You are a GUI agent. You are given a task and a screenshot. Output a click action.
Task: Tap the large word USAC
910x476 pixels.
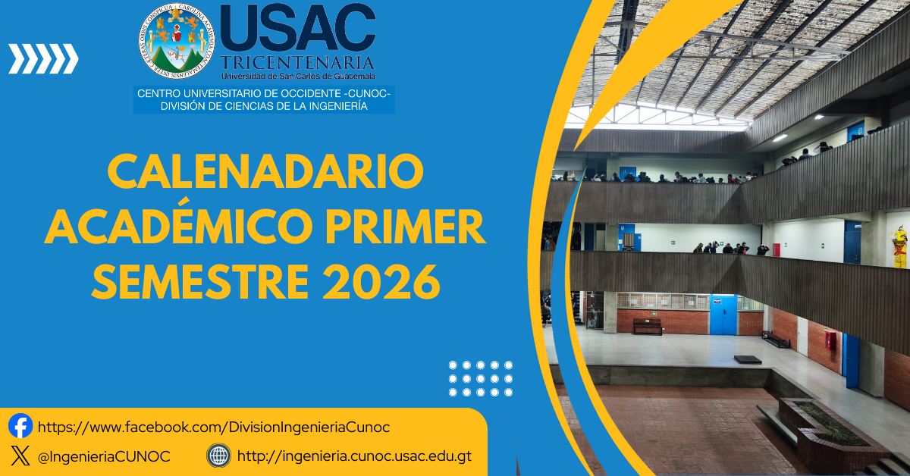click(x=297, y=29)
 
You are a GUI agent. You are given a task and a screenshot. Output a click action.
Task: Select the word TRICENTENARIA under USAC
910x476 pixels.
click(x=297, y=62)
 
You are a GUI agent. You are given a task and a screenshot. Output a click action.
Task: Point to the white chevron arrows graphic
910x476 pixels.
click(x=43, y=59)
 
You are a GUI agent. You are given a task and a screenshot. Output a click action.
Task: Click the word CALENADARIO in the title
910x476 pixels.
click(x=265, y=172)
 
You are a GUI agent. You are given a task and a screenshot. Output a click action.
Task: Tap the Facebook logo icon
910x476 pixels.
click(x=20, y=426)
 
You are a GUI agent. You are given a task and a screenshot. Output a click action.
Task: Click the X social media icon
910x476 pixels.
click(x=20, y=456)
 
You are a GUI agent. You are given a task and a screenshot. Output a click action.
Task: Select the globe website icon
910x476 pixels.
click(x=218, y=456)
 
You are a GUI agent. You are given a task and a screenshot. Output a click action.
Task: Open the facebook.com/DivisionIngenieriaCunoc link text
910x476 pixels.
click(x=213, y=427)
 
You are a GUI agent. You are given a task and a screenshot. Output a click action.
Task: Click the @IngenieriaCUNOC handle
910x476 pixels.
click(x=103, y=456)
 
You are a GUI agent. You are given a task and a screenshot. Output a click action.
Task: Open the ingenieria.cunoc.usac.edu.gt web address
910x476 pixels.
click(x=354, y=456)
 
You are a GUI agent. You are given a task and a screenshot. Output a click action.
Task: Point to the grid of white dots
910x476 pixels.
click(x=481, y=379)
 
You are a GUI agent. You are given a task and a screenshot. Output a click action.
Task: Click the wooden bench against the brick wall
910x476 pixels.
click(x=648, y=326)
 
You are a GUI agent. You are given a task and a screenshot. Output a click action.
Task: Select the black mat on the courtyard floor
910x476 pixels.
click(x=747, y=359)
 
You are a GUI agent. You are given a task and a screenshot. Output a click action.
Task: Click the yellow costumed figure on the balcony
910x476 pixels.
click(x=899, y=246)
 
